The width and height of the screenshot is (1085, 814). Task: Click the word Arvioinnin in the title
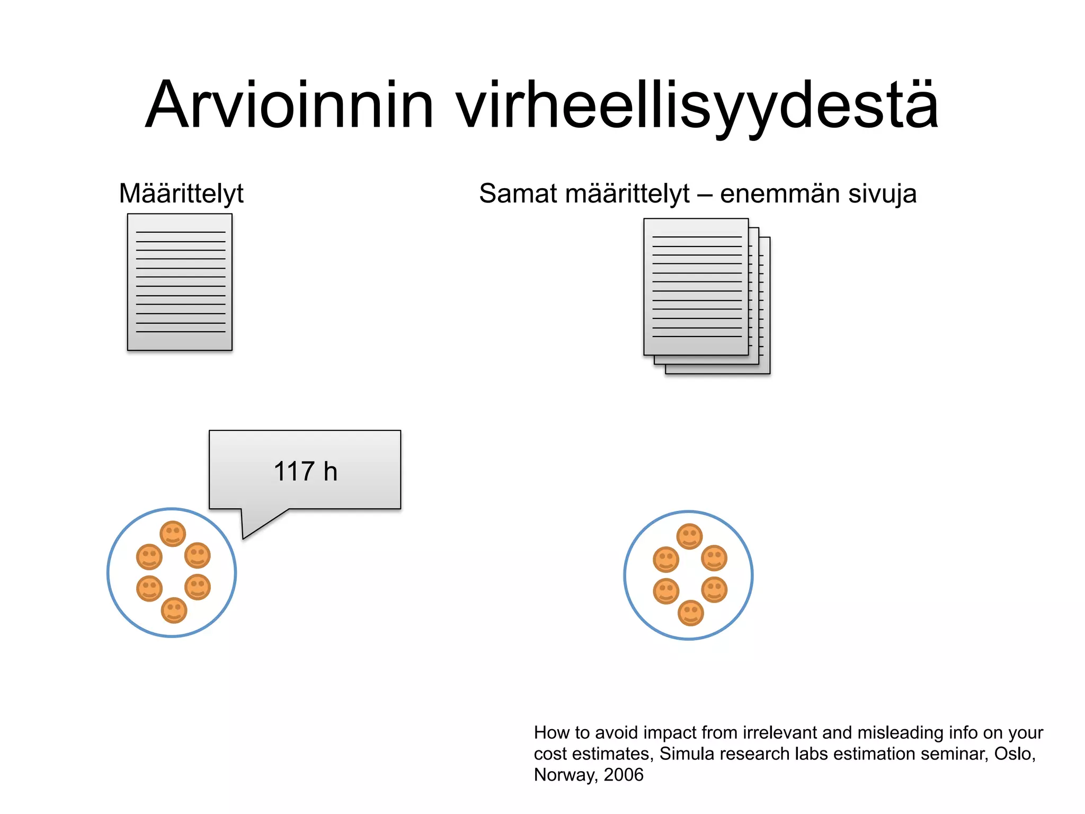click(289, 104)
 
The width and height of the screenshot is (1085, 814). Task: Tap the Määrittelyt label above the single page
click(181, 193)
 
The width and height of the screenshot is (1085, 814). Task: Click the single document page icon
click(180, 282)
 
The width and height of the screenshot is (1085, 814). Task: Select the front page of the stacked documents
click(696, 287)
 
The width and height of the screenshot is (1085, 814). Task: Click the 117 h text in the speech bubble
click(305, 471)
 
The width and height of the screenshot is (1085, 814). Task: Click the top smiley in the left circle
click(173, 534)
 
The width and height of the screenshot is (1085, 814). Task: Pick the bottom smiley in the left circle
click(174, 610)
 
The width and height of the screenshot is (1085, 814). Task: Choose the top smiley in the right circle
click(689, 536)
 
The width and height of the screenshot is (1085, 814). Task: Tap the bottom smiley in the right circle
click(691, 613)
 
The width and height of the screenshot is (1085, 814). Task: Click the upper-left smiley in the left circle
click(149, 557)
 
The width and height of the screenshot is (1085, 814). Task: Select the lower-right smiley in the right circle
click(714, 590)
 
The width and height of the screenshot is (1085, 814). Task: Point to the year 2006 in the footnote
click(624, 775)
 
